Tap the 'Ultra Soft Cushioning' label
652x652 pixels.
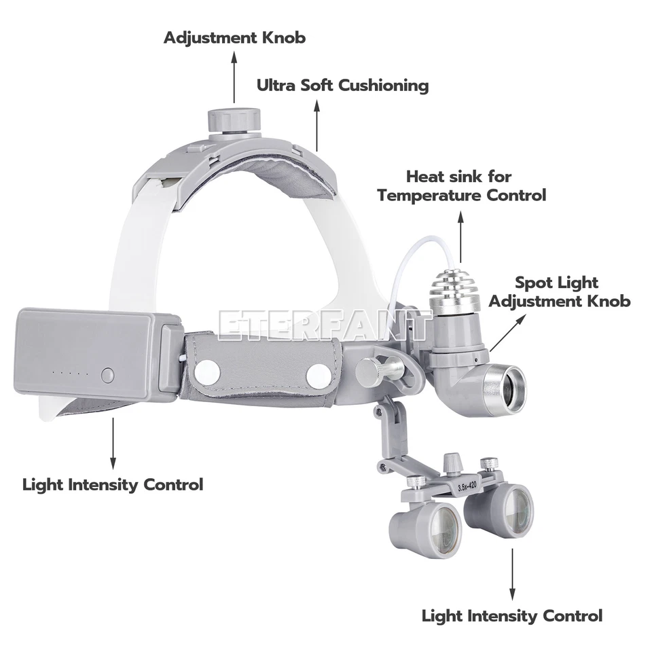pos(342,86)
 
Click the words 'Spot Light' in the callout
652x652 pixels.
pos(556,282)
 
